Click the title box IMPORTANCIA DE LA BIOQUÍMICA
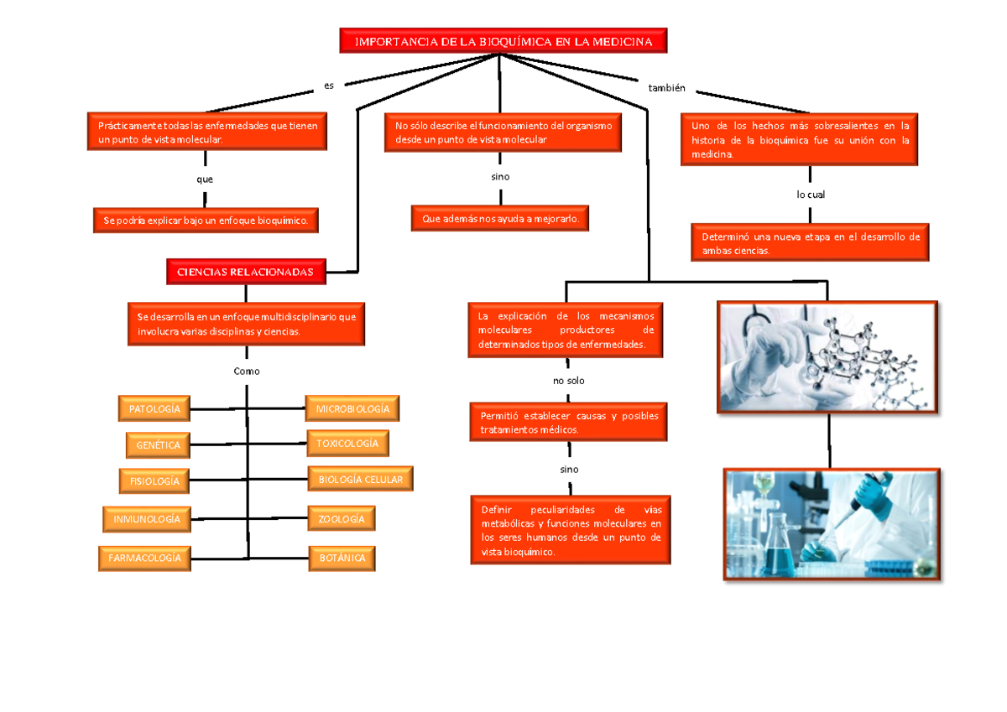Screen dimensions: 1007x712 503,41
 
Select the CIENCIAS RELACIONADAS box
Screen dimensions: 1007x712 246,272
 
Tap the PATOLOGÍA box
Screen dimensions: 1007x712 154,408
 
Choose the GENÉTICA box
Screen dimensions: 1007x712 158,445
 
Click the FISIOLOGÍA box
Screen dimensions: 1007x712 154,481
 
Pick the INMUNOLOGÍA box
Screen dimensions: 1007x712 147,519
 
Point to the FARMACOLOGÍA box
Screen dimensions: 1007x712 144,559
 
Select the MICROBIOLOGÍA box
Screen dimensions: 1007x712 352,408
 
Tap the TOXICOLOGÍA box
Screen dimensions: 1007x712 347,444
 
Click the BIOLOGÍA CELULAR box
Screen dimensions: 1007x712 360,479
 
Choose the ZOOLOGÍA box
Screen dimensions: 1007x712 342,519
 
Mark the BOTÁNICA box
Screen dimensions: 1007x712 342,559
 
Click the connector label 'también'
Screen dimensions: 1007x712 666,88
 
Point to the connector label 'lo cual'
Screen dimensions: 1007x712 811,195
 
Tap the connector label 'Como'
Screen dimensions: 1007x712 247,371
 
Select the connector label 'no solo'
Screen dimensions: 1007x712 569,381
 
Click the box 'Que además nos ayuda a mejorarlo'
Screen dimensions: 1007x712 500,218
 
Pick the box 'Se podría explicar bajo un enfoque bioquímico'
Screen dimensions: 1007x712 206,220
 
